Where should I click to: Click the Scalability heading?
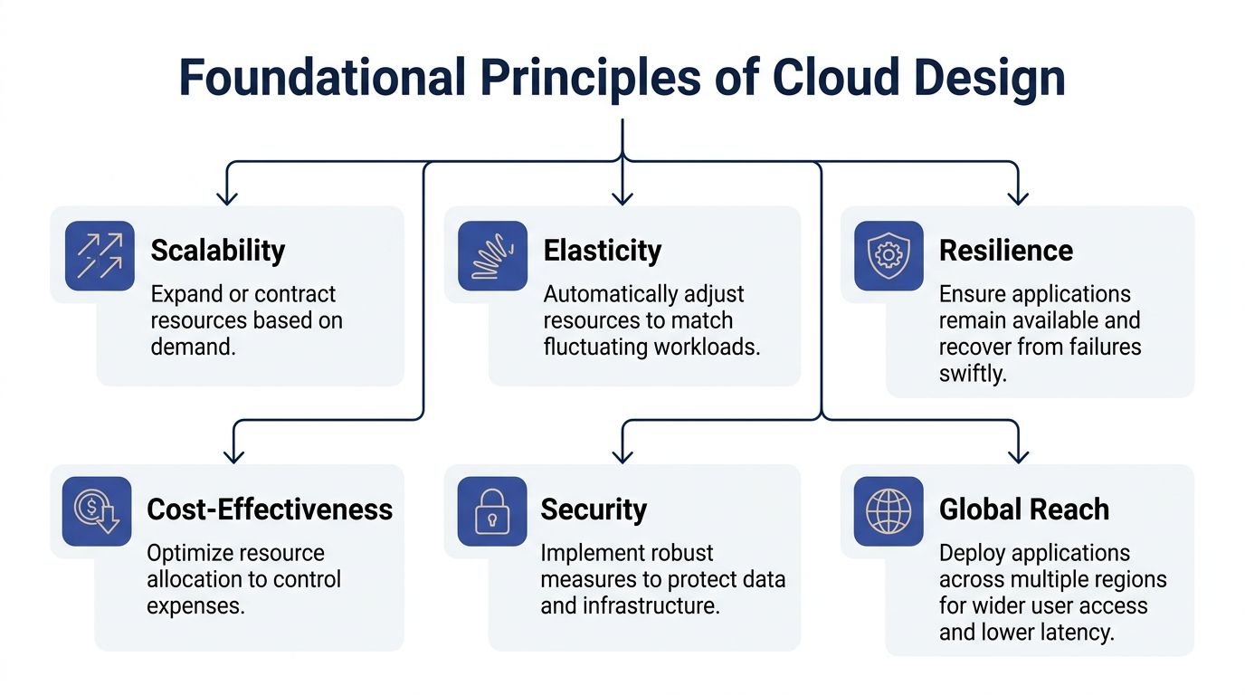click(x=217, y=251)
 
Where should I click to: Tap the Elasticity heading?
click(x=602, y=251)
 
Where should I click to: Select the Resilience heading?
click(x=1005, y=251)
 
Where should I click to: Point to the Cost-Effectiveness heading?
click(x=270, y=509)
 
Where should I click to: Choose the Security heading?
click(x=594, y=509)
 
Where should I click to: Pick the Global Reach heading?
click(x=1023, y=509)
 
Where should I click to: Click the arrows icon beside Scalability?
click(x=100, y=256)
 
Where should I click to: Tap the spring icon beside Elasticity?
click(x=492, y=256)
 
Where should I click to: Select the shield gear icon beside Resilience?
click(x=889, y=256)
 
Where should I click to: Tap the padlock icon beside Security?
click(x=492, y=511)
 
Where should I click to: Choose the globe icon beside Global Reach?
click(x=889, y=511)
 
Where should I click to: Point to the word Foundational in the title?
click(x=321, y=78)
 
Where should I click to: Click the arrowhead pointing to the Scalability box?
click(x=226, y=196)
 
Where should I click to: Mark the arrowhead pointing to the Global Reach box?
click(x=1019, y=454)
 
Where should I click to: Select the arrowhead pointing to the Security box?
click(x=622, y=454)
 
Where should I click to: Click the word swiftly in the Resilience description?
click(x=972, y=373)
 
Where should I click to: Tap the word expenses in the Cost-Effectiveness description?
click(x=195, y=605)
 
